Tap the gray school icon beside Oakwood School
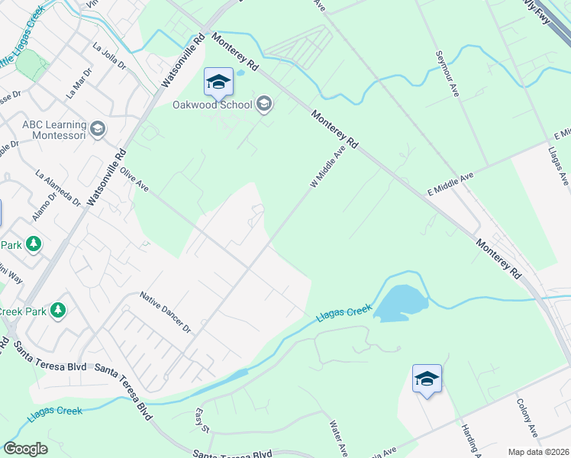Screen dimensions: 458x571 [x=265, y=104]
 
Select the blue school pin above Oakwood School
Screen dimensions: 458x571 [x=218, y=82]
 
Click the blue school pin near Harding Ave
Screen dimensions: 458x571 [x=427, y=378]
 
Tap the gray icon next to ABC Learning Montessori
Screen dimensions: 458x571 [x=97, y=129]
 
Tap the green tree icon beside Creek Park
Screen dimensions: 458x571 [x=56, y=311]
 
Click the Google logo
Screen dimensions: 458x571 [x=25, y=449]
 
